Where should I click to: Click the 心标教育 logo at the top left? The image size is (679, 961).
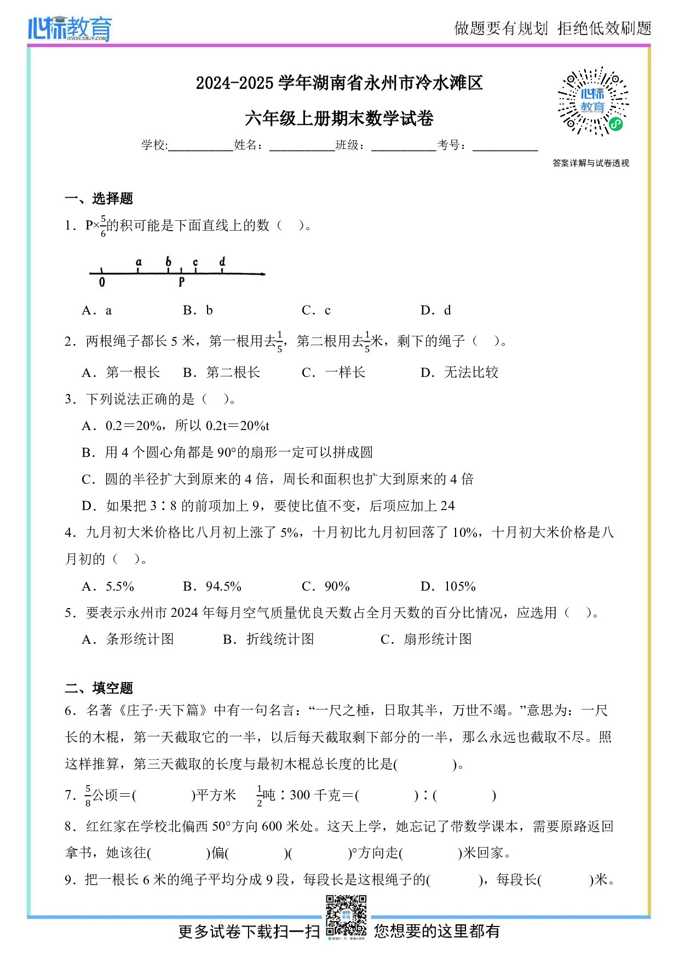(70, 28)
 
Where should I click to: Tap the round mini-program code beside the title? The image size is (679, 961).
(592, 102)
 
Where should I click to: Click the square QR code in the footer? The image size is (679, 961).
(346, 916)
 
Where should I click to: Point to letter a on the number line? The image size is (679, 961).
(139, 262)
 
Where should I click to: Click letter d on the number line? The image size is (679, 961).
(222, 262)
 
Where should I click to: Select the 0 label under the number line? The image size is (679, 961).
(102, 283)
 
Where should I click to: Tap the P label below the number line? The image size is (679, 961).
(181, 282)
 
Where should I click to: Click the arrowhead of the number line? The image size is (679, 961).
(263, 273)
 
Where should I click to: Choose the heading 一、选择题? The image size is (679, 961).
(99, 198)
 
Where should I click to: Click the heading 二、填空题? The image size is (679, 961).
(99, 688)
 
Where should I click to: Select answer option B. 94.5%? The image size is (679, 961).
(212, 586)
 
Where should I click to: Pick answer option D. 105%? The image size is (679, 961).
(448, 586)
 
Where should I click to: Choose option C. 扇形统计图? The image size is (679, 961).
(426, 639)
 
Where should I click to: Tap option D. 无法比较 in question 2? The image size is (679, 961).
(459, 373)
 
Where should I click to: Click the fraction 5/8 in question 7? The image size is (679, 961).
(88, 796)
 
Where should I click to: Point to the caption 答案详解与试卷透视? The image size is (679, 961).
(591, 163)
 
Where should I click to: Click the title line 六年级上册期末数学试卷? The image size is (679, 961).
(339, 118)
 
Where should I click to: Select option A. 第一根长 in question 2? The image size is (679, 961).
(121, 373)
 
